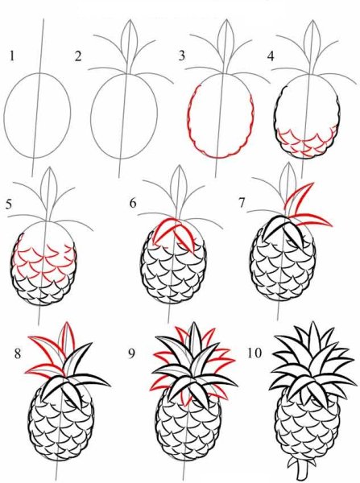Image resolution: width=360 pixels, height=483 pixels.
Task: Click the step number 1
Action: click(x=12, y=56)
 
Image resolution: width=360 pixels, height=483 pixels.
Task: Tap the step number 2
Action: click(x=78, y=56)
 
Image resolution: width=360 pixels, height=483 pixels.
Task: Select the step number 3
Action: click(x=182, y=56)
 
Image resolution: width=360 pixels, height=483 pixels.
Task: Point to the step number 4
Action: click(x=271, y=56)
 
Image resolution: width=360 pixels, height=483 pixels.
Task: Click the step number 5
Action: click(x=9, y=204)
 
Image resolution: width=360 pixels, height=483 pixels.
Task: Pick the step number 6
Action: click(x=133, y=204)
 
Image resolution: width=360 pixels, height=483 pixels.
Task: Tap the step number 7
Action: click(x=242, y=203)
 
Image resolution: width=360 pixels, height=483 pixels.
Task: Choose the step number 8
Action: click(x=18, y=354)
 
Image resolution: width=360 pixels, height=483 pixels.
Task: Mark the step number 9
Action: click(x=131, y=354)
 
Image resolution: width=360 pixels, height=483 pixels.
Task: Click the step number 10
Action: click(x=254, y=353)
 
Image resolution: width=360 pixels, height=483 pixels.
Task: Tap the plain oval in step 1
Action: click(x=6, y=115)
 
